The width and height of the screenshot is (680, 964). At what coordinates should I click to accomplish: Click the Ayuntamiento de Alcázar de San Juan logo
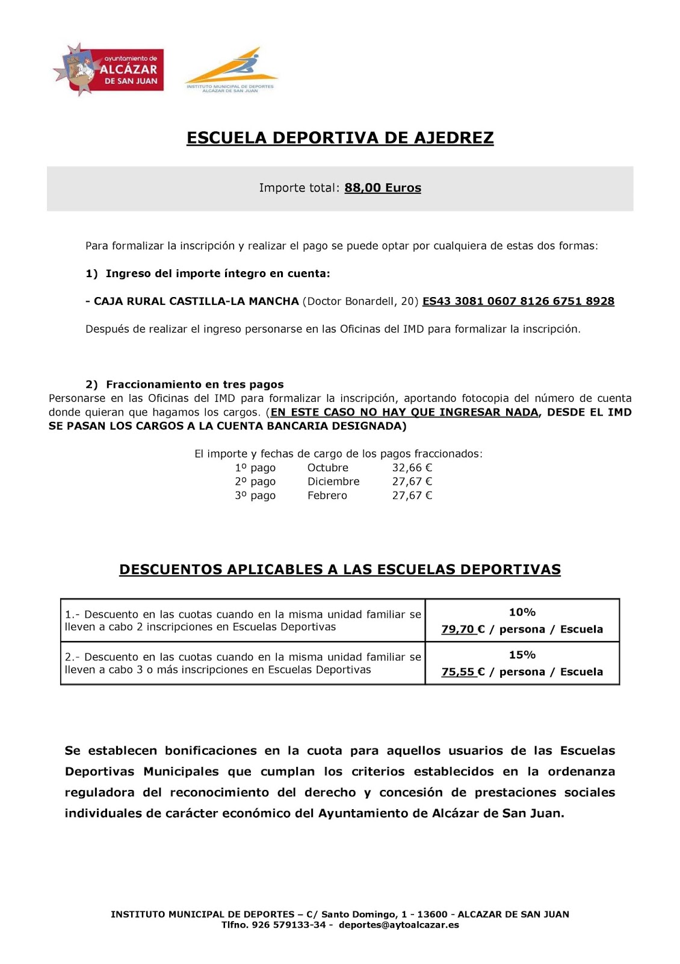point(109,70)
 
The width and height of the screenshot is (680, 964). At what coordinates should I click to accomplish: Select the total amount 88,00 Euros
point(383,188)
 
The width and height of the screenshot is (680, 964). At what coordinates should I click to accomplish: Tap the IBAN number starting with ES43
point(518,301)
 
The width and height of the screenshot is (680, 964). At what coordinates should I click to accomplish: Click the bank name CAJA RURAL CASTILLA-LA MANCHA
point(196,301)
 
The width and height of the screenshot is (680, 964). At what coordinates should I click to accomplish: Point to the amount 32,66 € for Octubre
point(412,468)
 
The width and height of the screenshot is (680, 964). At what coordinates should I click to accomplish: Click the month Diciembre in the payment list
point(333,482)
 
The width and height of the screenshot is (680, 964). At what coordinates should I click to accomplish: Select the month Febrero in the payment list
point(327,496)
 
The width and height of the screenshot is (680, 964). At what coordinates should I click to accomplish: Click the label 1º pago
point(255,468)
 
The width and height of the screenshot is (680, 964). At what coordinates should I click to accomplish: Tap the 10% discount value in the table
point(522,612)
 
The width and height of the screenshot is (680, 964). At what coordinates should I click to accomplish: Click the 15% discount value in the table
point(522,655)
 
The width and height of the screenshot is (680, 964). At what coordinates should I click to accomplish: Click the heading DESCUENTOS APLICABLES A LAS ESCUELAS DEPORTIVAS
point(340,570)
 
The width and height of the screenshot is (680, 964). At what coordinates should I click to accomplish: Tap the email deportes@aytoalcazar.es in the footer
point(399,925)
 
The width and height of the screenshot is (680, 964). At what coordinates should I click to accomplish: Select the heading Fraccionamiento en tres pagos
point(194,384)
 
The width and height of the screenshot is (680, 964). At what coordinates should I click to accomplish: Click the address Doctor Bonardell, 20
point(360,301)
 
